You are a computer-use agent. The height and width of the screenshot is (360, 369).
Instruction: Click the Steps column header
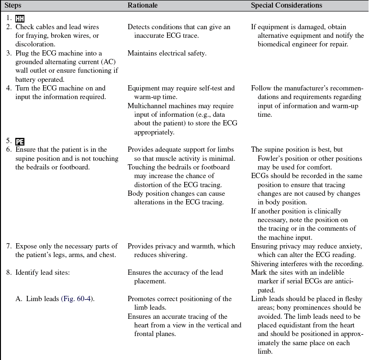point(14,6)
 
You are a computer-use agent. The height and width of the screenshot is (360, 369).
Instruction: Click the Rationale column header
point(143,6)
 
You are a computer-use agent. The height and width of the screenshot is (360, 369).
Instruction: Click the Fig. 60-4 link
point(77,299)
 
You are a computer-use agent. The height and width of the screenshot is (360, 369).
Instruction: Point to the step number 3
point(9,54)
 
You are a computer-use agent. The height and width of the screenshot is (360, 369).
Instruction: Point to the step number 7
point(9,247)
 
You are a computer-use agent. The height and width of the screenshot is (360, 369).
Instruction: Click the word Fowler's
point(266,159)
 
